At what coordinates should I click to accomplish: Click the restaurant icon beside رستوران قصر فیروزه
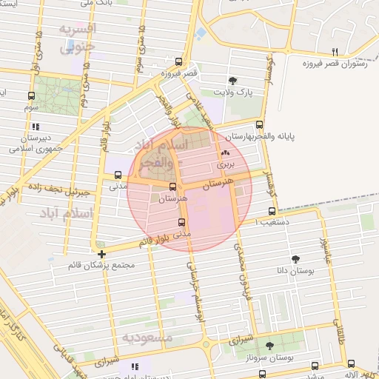[335, 51]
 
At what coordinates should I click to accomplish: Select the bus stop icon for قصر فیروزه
[179, 62]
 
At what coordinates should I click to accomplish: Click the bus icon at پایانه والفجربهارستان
[259, 125]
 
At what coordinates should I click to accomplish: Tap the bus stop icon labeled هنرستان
[173, 187]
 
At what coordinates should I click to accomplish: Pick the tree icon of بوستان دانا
[296, 259]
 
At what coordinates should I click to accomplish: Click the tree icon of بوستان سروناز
[269, 346]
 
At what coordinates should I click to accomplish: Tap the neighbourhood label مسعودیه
[147, 338]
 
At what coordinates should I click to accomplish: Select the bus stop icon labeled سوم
[30, 95]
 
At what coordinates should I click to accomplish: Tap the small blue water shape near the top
[201, 33]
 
